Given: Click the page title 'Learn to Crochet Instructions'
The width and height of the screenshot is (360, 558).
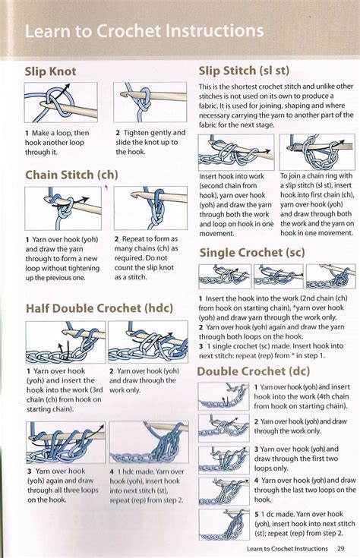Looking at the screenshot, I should point(144,32).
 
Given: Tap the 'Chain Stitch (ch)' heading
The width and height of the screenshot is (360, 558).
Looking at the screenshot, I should point(71,175).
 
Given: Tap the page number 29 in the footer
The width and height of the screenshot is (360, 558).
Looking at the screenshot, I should point(341,548).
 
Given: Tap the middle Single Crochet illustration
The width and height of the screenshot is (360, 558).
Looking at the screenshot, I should point(278,276).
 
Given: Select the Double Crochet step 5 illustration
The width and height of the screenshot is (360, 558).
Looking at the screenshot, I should point(224,524).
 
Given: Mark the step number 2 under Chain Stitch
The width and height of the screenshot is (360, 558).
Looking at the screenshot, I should point(118,239).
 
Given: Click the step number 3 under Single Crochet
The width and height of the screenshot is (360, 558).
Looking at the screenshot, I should point(201,345).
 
